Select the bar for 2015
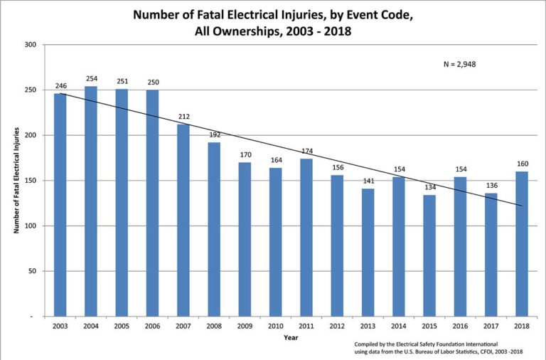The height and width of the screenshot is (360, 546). pos(429,255)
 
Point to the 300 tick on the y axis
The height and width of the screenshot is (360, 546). pos(30,45)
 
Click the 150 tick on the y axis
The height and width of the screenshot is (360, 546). pos(30,181)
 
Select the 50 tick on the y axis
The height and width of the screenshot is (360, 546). pos(32,271)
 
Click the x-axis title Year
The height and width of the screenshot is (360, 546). pos(291,337)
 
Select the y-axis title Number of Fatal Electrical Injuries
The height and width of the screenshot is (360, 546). pos(16,180)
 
